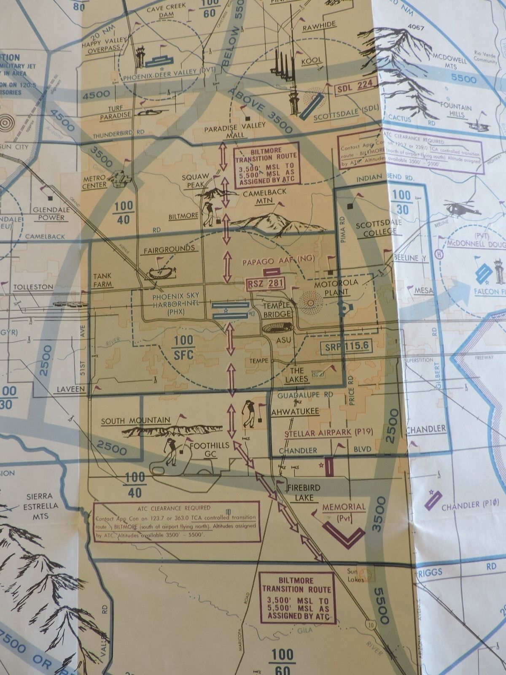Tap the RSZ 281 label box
[x=263, y=283]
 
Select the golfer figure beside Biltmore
[x=209, y=214]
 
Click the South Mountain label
[x=136, y=420]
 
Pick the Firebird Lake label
[x=301, y=492]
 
